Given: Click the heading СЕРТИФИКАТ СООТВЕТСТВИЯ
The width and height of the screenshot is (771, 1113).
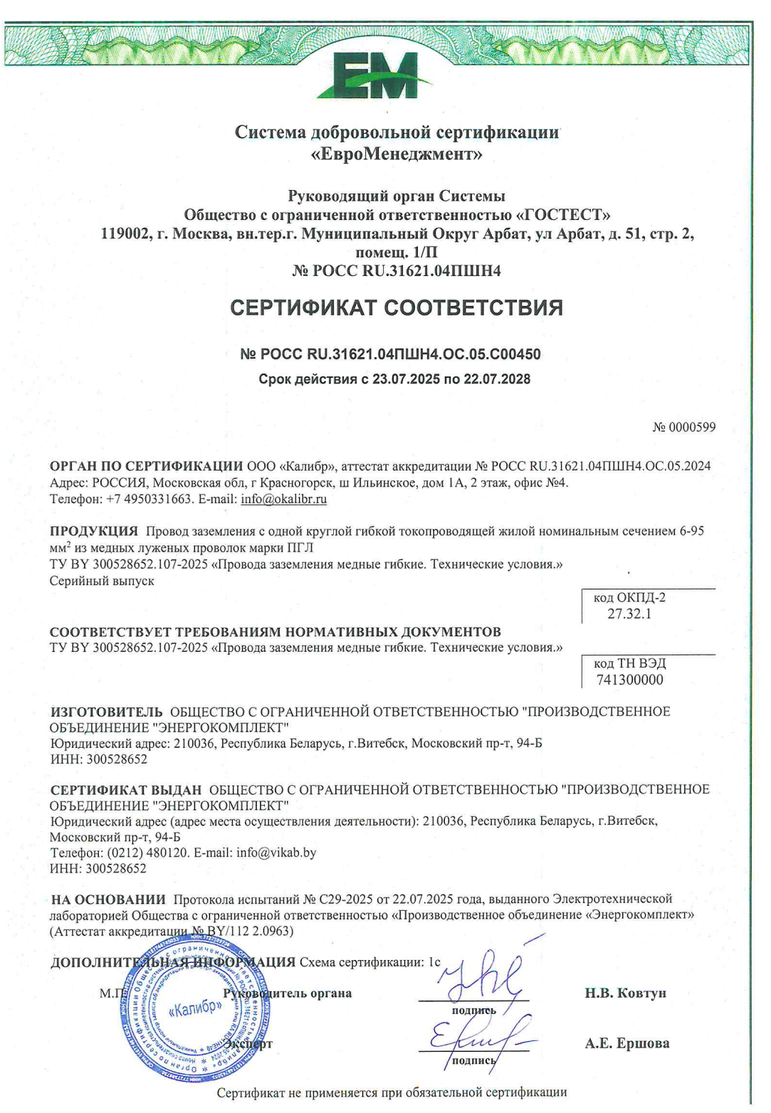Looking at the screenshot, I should tap(397, 307).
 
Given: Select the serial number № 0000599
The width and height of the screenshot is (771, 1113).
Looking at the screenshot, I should tap(684, 427).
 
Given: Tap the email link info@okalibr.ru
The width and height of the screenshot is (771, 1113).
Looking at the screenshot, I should tap(283, 499).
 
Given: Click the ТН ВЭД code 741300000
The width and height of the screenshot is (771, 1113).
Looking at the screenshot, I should tap(630, 680).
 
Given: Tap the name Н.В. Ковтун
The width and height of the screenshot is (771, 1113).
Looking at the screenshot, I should tap(626, 993).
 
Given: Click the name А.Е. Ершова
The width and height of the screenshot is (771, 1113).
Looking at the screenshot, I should tap(627, 1043).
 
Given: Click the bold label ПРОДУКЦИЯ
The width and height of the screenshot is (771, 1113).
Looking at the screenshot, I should tap(94, 531).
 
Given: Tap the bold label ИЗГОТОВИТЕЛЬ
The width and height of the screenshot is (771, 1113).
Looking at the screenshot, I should tap(106, 712).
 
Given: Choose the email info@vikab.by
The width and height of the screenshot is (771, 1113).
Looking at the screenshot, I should tap(276, 853).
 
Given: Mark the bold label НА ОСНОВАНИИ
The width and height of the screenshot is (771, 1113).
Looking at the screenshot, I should tap(108, 900).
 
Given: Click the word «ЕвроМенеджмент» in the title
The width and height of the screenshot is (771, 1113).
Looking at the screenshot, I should tap(397, 154).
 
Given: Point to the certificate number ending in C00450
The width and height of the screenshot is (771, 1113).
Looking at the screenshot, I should tap(390, 354).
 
